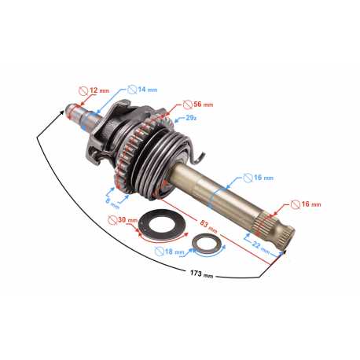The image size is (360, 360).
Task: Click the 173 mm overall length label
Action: click(x=201, y=274)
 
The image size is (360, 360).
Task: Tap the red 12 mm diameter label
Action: click(x=100, y=90)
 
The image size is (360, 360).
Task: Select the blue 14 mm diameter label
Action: click(x=148, y=90)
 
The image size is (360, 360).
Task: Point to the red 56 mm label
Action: click(x=204, y=105)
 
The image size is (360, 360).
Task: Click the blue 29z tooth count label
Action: click(x=191, y=118)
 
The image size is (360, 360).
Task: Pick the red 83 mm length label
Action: click(x=208, y=226)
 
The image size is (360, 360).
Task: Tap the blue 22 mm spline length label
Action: click(x=261, y=248)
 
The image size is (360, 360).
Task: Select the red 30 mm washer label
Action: click(x=127, y=220)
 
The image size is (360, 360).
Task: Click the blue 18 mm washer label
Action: click(x=174, y=252)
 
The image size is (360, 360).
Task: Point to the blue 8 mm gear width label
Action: click(x=112, y=204)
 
